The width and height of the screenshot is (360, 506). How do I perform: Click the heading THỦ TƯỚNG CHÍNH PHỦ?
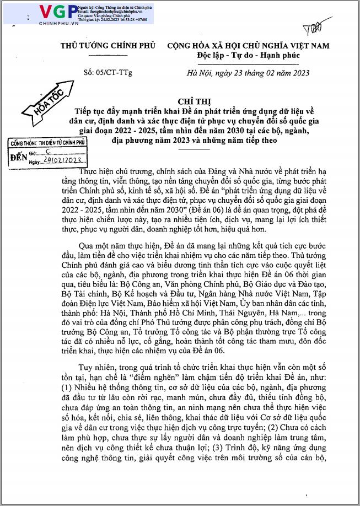click(x=108, y=46)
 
